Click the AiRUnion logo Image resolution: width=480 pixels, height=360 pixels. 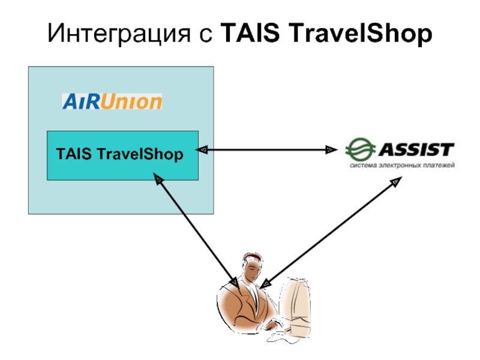point(112,101)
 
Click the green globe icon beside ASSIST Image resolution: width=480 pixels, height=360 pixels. point(358,149)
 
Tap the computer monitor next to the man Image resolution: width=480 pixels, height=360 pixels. point(298,300)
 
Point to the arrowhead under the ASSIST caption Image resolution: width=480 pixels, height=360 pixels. point(396,181)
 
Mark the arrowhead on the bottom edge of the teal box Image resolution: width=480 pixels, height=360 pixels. point(157,179)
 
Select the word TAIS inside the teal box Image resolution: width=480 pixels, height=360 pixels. point(73,155)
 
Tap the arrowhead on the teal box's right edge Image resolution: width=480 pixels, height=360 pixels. point(203,149)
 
